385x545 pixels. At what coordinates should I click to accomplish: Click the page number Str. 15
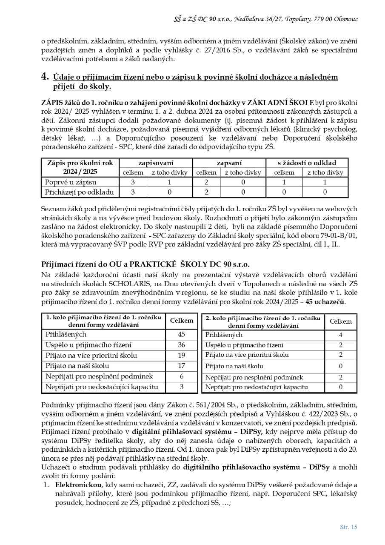point(348,527)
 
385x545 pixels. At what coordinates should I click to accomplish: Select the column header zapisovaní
point(156,163)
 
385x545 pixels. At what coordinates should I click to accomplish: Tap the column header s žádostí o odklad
point(307,163)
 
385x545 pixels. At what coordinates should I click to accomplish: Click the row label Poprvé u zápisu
point(71,182)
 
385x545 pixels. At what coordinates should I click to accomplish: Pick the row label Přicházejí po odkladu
point(80,192)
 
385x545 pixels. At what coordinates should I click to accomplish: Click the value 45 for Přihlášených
point(181,334)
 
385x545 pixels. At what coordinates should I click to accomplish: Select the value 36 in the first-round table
point(181,344)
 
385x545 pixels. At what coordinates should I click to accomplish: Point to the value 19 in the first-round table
point(181,355)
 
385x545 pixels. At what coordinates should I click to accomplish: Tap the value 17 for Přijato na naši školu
point(181,365)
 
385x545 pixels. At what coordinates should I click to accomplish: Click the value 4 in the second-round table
point(341,335)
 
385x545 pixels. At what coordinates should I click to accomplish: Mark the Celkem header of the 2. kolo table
point(341,321)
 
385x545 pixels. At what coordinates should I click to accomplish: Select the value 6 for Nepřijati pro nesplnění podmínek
point(181,376)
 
